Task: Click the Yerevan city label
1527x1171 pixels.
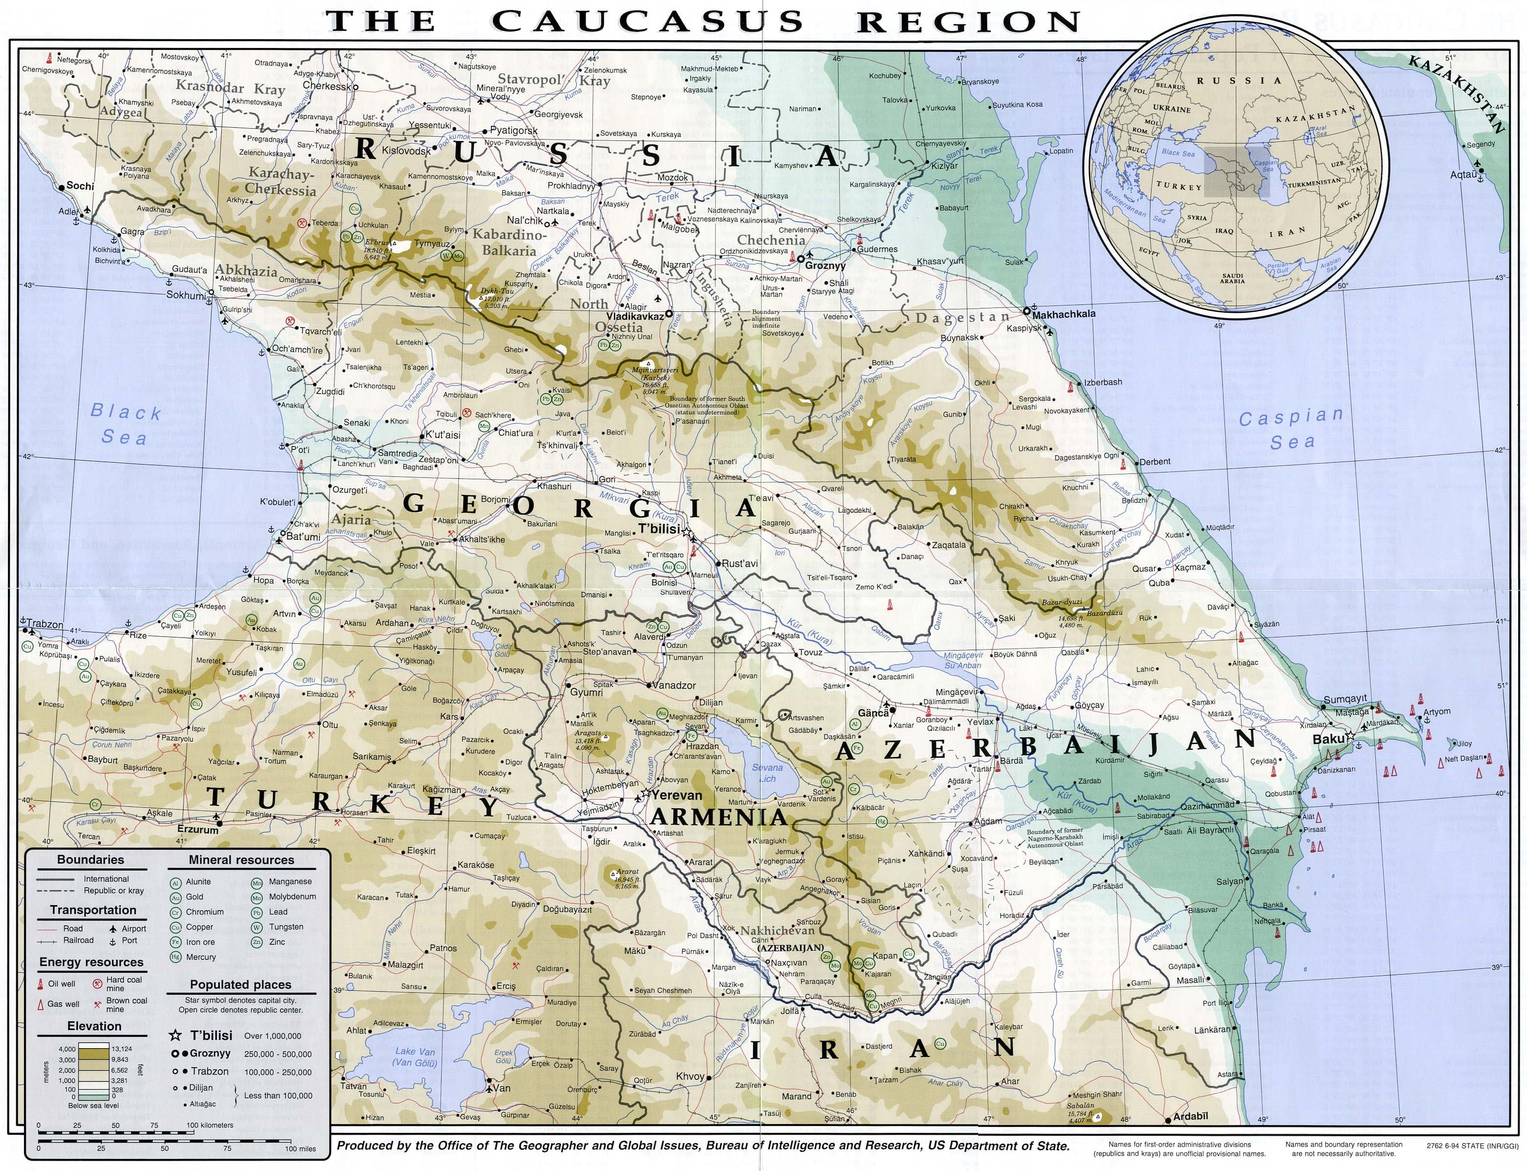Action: (x=677, y=795)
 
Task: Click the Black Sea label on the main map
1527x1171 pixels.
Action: (x=125, y=424)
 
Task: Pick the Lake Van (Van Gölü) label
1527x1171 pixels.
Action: (x=415, y=1056)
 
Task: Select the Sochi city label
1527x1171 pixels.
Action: (x=79, y=186)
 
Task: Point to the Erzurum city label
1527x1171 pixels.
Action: (x=198, y=829)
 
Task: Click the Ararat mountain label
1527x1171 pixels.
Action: (x=627, y=871)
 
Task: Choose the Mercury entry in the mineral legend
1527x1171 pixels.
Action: (x=201, y=957)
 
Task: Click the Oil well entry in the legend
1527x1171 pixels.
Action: (x=61, y=984)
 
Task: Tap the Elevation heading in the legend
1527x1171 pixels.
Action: (x=94, y=1026)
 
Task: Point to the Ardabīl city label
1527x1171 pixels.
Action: (x=1190, y=1117)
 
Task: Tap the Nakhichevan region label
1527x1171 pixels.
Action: (x=777, y=931)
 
